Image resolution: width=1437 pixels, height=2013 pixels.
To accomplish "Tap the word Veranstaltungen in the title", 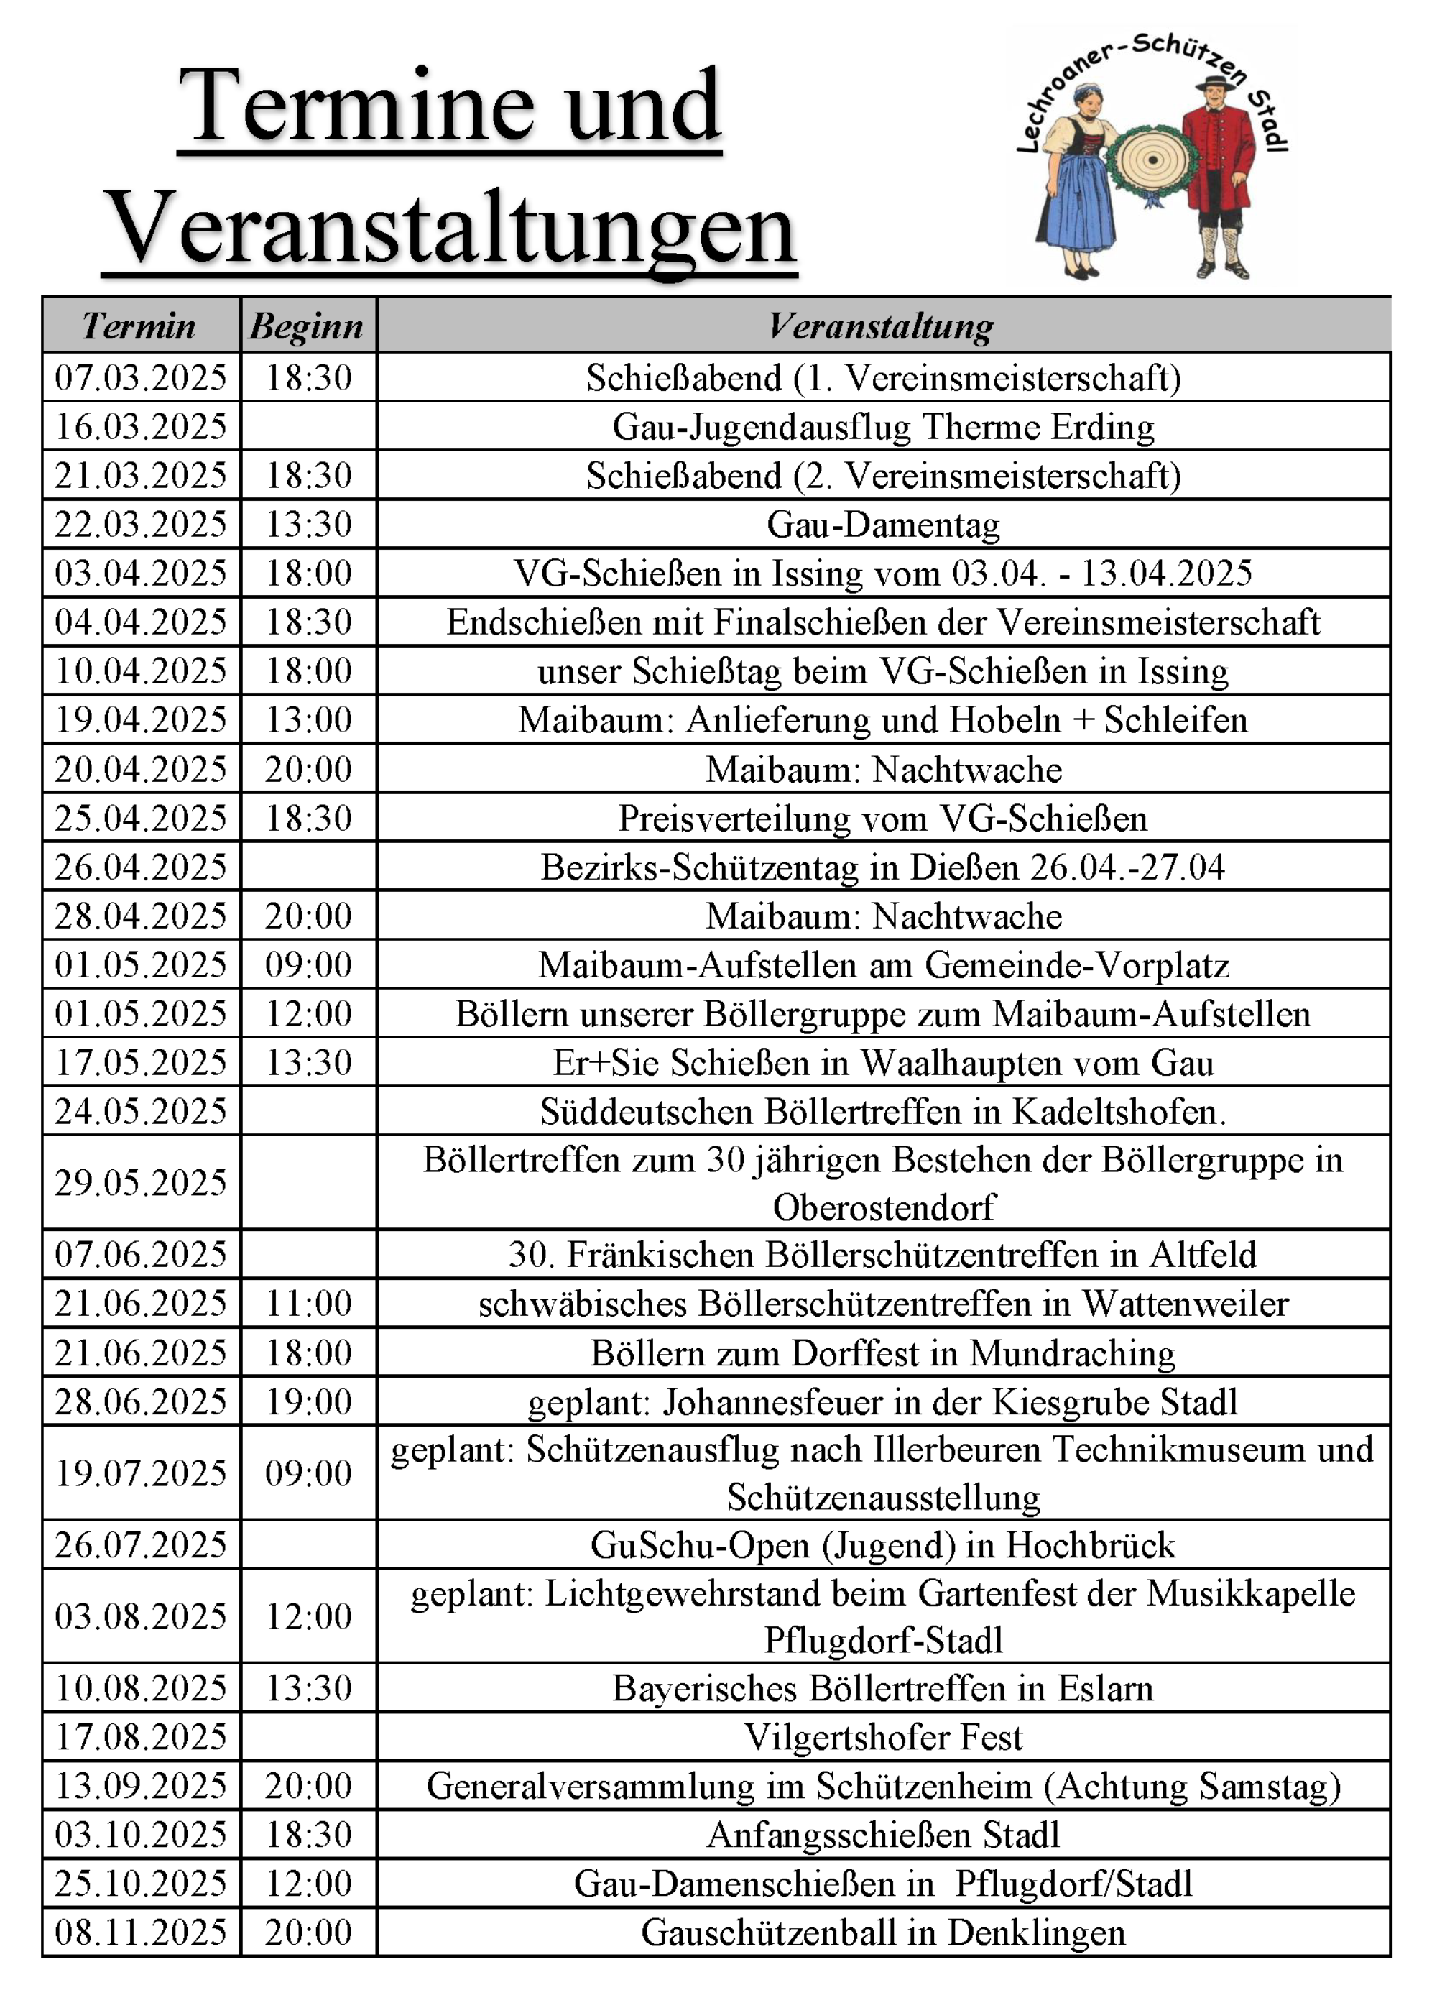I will pos(450,229).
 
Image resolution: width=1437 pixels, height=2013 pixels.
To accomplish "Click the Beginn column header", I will pos(307,326).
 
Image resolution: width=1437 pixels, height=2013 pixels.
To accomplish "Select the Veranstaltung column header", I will pos(882,326).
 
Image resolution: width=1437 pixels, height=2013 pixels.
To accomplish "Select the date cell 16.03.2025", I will pos(142,426).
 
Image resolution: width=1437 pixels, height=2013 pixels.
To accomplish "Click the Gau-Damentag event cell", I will pos(883,525).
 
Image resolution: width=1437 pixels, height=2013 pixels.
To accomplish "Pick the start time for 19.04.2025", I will pos(309,720).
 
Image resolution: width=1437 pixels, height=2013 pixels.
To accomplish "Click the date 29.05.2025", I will pos(142,1183).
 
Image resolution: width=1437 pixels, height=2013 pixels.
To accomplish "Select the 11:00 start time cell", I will pos(309,1304).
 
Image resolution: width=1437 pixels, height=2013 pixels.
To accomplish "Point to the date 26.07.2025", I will pos(142,1545).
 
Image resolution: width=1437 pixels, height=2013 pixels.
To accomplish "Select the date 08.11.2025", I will pos(142,1933).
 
